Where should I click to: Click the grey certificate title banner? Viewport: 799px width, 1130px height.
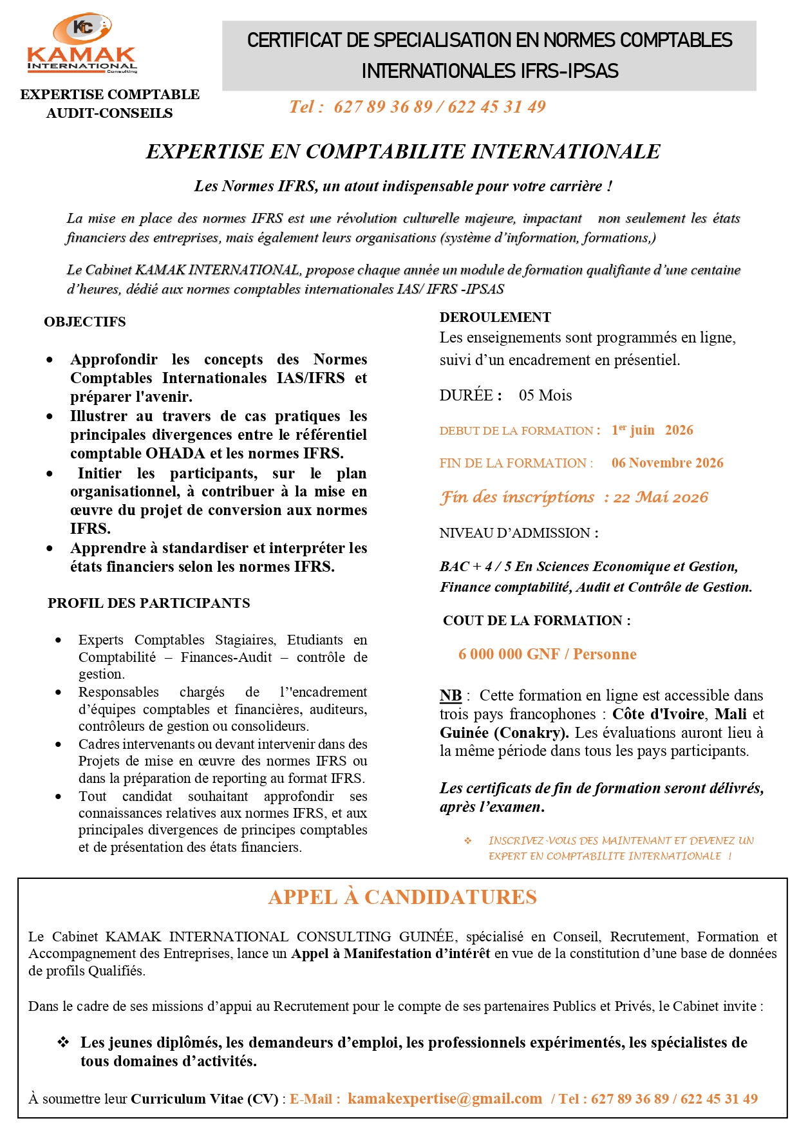click(489, 55)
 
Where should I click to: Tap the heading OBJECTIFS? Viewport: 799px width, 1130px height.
click(85, 322)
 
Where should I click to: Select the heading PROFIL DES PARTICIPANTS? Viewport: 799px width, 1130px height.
click(149, 603)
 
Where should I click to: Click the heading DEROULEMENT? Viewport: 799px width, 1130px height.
click(495, 317)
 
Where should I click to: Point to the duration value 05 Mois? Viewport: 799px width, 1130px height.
click(545, 395)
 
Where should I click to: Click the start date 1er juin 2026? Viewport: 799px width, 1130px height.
click(652, 430)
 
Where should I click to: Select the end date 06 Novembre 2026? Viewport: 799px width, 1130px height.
click(667, 463)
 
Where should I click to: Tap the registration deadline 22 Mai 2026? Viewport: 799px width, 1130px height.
click(661, 497)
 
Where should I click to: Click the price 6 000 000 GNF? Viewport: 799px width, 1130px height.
click(509, 654)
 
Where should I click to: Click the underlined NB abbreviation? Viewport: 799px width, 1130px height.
click(451, 695)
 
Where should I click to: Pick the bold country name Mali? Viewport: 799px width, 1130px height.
click(730, 714)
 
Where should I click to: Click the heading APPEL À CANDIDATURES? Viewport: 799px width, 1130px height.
click(402, 897)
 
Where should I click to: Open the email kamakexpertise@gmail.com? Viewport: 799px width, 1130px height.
click(445, 1098)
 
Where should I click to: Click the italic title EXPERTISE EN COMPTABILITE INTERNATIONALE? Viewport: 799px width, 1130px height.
click(403, 151)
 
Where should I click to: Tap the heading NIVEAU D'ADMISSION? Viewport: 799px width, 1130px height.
click(519, 533)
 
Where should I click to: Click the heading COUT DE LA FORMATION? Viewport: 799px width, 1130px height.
click(536, 621)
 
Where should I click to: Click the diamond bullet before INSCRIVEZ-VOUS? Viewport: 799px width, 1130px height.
click(468, 841)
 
